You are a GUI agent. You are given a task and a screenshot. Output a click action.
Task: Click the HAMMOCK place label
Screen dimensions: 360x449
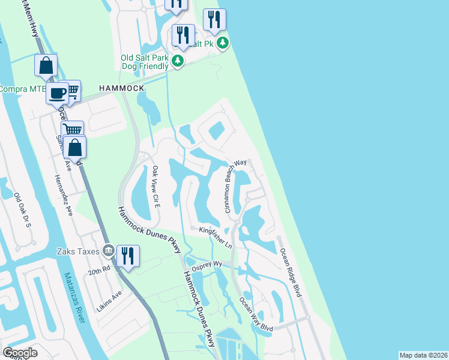tap(122, 88)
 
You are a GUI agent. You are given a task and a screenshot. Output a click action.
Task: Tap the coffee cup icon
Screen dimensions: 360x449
tap(58, 94)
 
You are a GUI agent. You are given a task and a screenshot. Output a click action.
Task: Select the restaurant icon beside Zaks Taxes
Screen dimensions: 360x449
tap(128, 256)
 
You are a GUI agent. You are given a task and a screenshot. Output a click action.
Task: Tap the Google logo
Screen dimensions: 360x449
tap(20, 353)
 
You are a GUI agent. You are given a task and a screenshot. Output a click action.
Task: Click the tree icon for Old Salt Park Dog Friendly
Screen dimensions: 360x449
tap(178, 61)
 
